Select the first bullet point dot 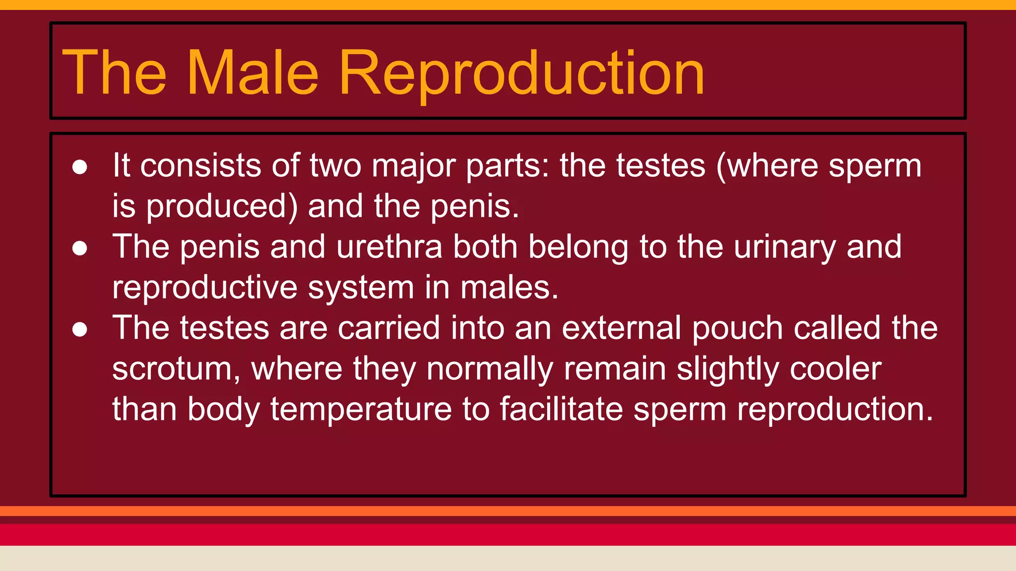tap(80, 167)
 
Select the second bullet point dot tap(80, 248)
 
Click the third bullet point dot tap(80, 329)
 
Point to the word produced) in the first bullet tap(222, 207)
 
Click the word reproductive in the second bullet tap(204, 288)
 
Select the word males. tap(509, 288)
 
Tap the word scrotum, tap(176, 370)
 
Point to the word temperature tap(361, 410)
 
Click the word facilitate tap(561, 409)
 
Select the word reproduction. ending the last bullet tap(835, 410)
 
